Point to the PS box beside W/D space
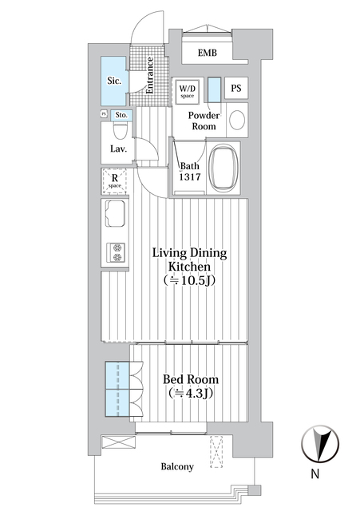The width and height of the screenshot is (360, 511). pos(237,89)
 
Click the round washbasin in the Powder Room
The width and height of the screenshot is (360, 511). pos(237,121)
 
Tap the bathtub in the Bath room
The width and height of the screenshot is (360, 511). pos(224,168)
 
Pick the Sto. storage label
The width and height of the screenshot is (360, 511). pos(121,114)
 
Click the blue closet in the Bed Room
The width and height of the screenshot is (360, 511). pos(117,389)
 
